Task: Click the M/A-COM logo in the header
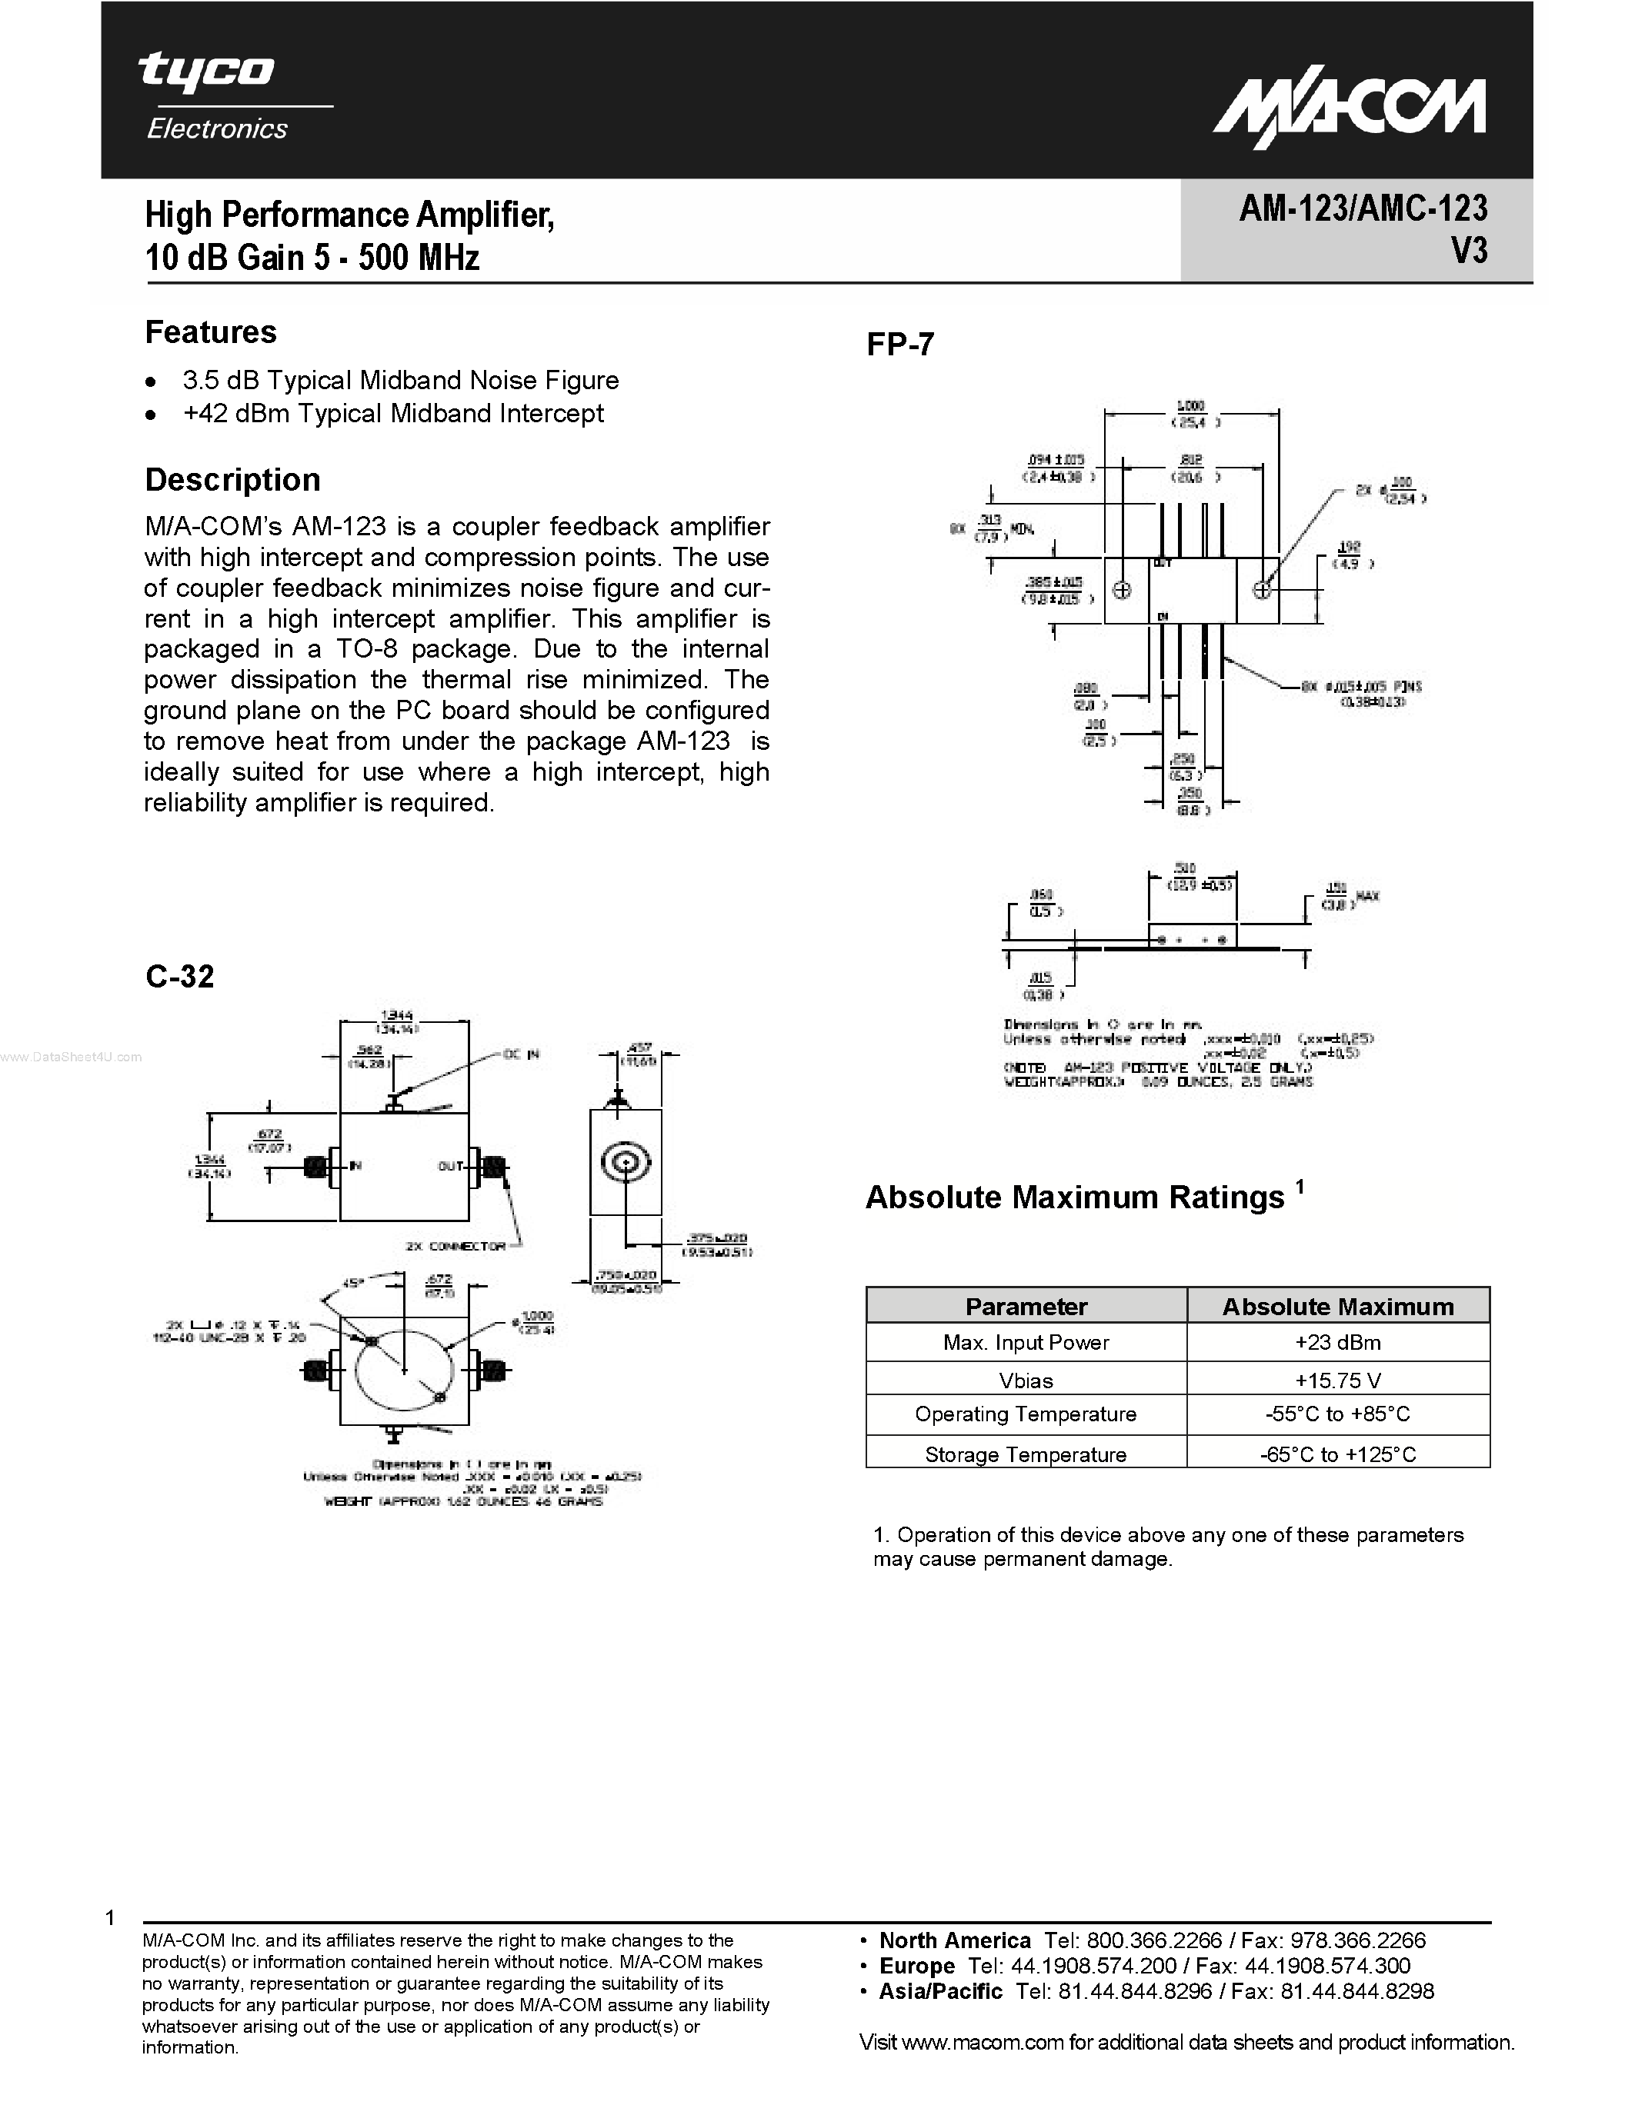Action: click(x=1348, y=109)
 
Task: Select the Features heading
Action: click(x=210, y=332)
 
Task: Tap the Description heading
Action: click(x=232, y=479)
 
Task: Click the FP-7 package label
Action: click(x=900, y=345)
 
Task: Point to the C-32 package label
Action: click(x=179, y=976)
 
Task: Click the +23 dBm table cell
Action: click(x=1338, y=1342)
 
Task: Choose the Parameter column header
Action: click(x=1026, y=1307)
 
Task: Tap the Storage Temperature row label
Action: click(x=1026, y=1454)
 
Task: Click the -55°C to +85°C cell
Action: click(x=1338, y=1415)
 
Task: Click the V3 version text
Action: click(x=1468, y=251)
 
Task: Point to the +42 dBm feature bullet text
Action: click(x=392, y=414)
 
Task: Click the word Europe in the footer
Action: click(x=916, y=1966)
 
